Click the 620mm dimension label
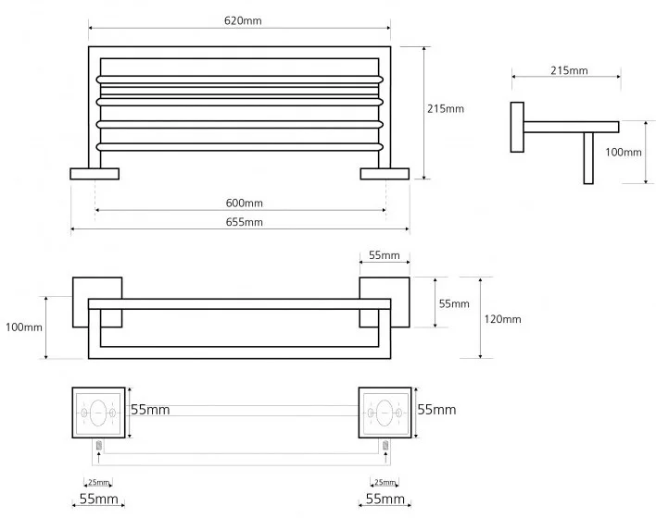(x=239, y=20)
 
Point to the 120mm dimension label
(x=503, y=319)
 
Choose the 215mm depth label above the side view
(x=568, y=70)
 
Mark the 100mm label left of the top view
(x=24, y=327)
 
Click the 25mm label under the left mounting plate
(x=99, y=482)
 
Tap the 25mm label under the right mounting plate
(x=384, y=482)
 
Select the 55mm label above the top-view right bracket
(x=384, y=255)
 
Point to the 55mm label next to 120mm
(x=453, y=303)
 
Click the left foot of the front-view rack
(x=95, y=173)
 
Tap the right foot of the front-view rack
(x=384, y=173)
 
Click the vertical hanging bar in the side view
(x=587, y=156)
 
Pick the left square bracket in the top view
(x=96, y=302)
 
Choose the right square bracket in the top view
(x=384, y=302)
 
